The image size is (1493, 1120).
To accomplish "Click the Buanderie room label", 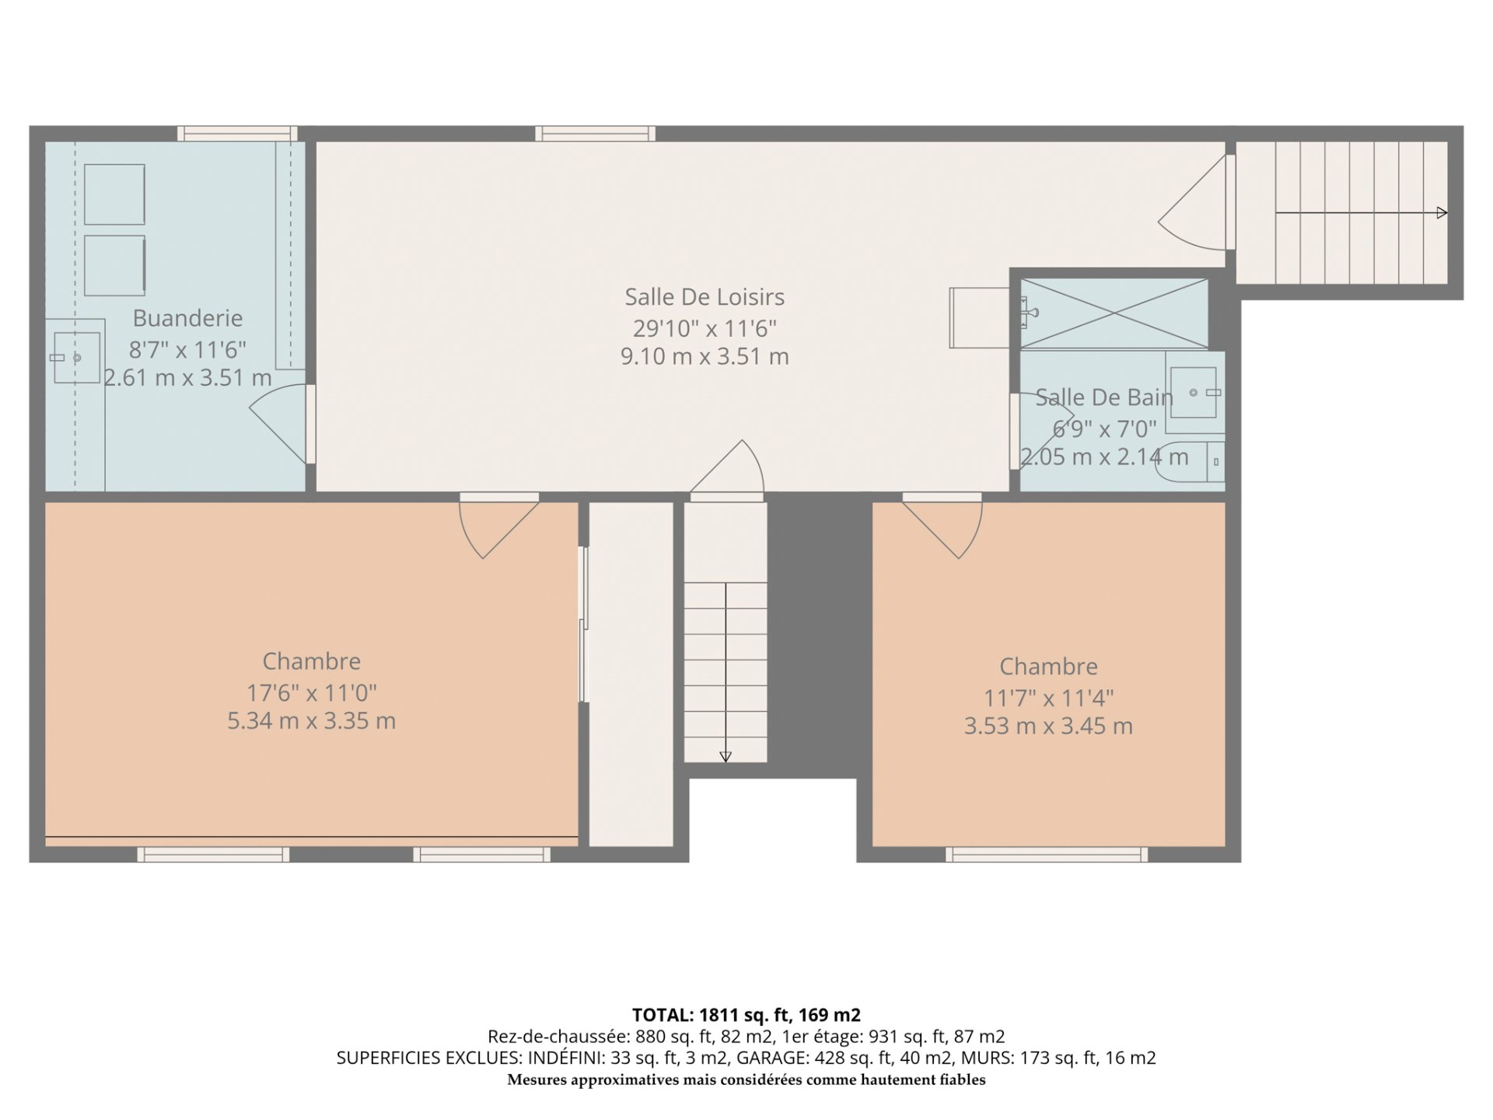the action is coord(187,318).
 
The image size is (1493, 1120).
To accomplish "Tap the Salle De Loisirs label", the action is coord(705,297).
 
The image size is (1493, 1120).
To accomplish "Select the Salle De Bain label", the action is coord(1104,397).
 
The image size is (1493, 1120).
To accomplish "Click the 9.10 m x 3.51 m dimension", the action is coord(705,356).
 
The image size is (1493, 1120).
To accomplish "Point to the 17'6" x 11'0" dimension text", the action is coord(311,692).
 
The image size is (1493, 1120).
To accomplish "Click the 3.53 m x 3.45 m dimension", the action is coord(1048,726).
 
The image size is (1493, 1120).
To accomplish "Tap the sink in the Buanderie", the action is coord(76,358).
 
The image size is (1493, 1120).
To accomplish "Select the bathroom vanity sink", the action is coord(1194,393).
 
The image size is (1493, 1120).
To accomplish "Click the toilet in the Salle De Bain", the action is coord(1190,463).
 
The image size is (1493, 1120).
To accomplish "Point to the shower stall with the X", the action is coord(1114,313).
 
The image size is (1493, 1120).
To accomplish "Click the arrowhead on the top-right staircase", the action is coord(1442,213).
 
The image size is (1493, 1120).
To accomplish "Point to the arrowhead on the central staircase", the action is coord(726,756).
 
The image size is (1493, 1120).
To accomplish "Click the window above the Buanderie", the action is coord(237,134).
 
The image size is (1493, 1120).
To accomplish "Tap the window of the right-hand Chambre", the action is coord(1047,855).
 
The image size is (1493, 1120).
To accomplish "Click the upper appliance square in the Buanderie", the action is coord(114,194).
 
